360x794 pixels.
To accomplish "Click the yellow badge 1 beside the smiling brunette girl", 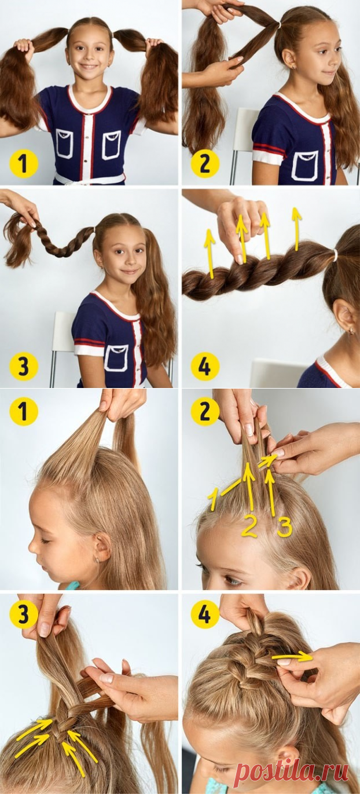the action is [23, 164].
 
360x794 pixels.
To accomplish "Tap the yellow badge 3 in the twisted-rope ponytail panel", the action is [23, 366].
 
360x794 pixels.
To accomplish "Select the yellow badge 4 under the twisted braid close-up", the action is [205, 366].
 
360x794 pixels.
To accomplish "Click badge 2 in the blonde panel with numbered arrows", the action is [205, 411].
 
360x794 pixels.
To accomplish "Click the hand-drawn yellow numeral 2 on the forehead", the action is [249, 526].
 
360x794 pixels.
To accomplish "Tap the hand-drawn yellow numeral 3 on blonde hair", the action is [285, 526].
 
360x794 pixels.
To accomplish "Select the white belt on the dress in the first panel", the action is [89, 178].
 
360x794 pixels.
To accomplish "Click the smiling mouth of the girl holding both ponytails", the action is [89, 67].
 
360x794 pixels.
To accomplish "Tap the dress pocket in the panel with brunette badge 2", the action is [306, 165].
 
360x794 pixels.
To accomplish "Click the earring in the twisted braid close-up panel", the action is [351, 331].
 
